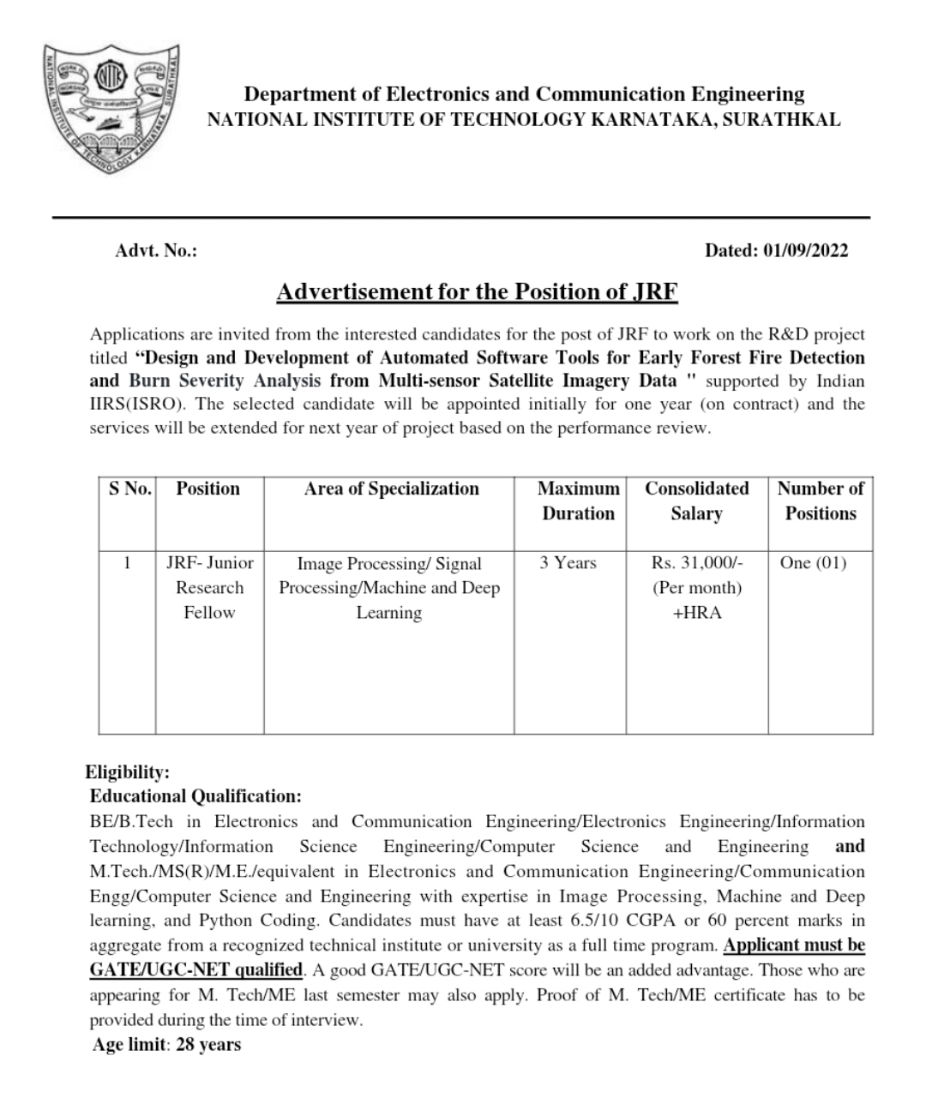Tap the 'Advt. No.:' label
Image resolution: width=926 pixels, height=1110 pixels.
point(156,250)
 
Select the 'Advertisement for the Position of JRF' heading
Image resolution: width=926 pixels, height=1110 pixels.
point(477,291)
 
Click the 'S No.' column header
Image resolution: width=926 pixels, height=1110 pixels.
point(129,489)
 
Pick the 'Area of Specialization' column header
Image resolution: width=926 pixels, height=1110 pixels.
point(391,489)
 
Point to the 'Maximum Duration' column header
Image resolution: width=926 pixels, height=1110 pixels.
point(578,501)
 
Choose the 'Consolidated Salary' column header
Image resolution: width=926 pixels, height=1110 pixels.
point(696,501)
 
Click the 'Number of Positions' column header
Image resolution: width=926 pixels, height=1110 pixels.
point(821,501)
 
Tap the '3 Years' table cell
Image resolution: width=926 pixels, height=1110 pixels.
point(568,563)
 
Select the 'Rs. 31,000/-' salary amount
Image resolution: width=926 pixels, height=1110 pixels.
point(697,563)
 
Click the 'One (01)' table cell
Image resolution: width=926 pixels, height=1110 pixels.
point(813,563)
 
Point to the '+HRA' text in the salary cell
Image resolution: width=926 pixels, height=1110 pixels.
point(697,613)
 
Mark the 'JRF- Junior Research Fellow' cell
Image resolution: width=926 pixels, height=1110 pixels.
point(209,588)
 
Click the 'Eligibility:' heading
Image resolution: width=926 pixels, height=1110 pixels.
point(127,771)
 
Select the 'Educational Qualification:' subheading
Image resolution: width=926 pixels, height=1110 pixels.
point(195,796)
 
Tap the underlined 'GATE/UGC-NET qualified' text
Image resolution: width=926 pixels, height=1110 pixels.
point(196,970)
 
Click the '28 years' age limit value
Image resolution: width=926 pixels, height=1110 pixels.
point(208,1045)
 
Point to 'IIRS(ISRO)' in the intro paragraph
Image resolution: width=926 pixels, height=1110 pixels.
point(131,404)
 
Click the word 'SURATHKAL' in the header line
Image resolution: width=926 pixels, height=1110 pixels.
point(781,120)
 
